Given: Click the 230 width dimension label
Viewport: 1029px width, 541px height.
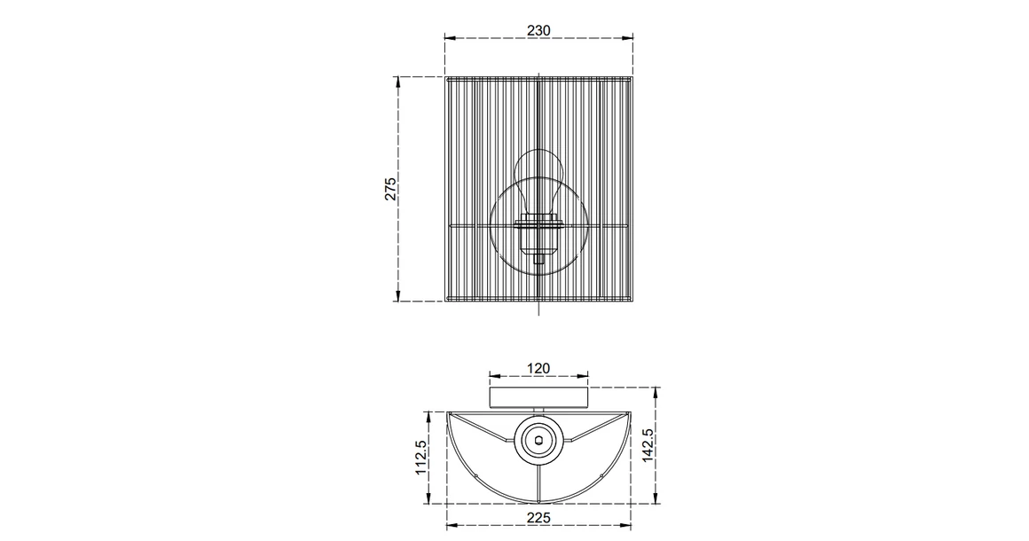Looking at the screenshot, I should (x=538, y=29).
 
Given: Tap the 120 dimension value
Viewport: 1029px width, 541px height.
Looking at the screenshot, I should (x=538, y=368).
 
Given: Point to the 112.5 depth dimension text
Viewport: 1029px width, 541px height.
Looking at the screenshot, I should (x=421, y=459).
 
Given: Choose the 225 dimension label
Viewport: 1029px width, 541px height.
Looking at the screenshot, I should (x=538, y=518).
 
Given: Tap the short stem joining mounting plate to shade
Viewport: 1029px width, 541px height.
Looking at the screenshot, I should (x=538, y=411).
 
